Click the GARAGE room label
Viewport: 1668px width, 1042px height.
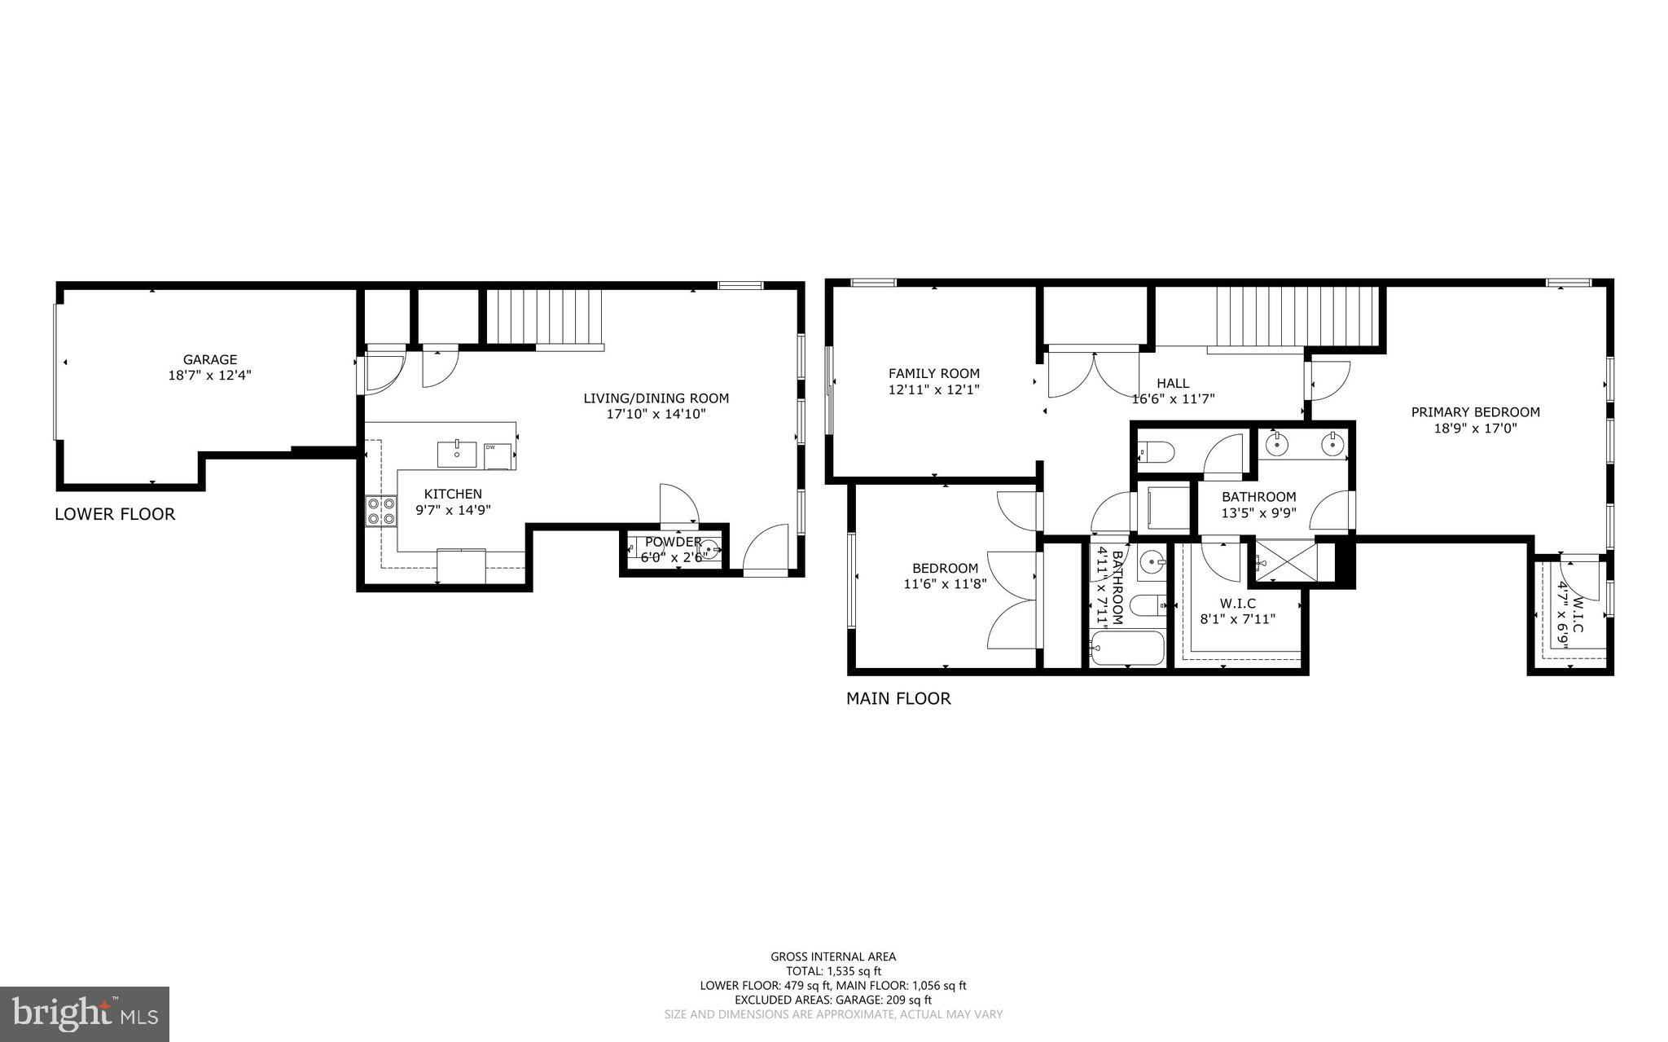(x=209, y=359)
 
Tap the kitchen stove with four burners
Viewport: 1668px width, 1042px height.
(x=380, y=511)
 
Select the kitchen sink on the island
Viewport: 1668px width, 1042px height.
(x=457, y=453)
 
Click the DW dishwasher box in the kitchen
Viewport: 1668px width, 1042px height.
(x=498, y=455)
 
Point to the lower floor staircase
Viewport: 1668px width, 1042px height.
(x=544, y=318)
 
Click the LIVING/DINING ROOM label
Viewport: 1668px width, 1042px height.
(x=656, y=398)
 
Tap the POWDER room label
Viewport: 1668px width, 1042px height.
(x=673, y=542)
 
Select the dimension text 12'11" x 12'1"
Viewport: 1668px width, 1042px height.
(x=933, y=390)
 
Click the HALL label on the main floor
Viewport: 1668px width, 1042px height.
(x=1172, y=383)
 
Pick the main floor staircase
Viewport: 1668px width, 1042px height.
(x=1295, y=317)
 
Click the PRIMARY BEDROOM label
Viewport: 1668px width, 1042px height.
(x=1475, y=412)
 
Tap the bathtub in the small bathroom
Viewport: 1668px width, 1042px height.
(x=1128, y=649)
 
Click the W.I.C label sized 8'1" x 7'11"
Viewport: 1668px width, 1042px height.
(x=1237, y=604)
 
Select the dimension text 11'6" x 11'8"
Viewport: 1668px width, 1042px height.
(x=945, y=583)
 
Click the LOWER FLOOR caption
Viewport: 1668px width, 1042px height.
(x=115, y=514)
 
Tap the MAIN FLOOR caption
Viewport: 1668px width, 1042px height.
(x=898, y=698)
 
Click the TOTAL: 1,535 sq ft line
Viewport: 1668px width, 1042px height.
(x=833, y=971)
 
